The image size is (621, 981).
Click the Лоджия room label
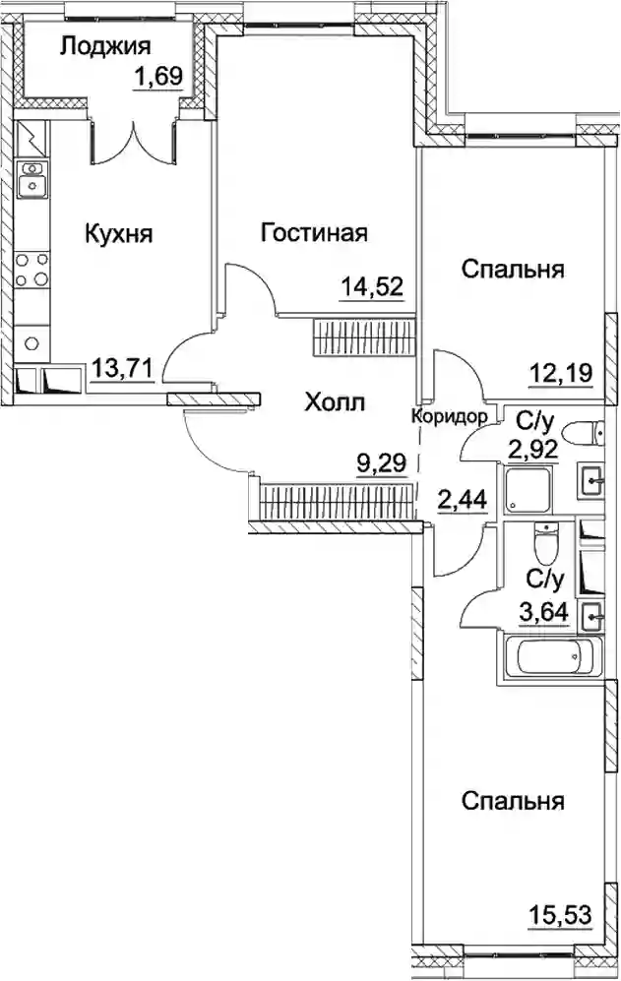[105, 47]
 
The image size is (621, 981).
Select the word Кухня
[118, 234]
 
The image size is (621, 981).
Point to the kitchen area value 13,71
[123, 368]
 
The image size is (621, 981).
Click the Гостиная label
[314, 233]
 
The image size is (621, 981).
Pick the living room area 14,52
[372, 288]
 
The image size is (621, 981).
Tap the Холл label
[335, 402]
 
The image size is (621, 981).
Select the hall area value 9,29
[381, 463]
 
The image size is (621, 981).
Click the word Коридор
[449, 416]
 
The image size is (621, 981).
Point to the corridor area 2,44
[462, 500]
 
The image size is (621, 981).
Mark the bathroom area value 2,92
[532, 449]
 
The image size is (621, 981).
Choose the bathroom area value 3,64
[544, 611]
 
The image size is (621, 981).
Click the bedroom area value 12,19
[560, 374]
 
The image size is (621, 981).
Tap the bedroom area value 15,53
[560, 915]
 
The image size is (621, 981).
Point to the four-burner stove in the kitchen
[31, 269]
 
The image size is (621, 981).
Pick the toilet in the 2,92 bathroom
[584, 432]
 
